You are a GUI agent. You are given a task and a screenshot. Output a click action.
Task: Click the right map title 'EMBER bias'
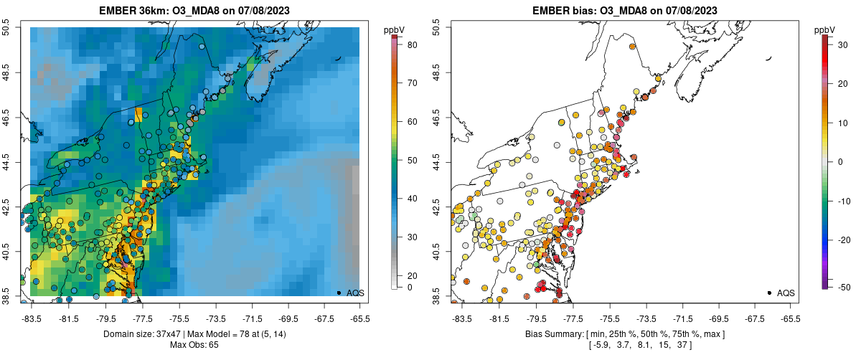[x=564, y=9]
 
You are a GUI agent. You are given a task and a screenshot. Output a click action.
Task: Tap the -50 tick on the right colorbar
[x=842, y=287]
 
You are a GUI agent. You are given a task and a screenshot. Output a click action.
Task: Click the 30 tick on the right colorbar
[x=840, y=45]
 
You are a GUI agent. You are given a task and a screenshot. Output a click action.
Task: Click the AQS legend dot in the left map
[x=338, y=293]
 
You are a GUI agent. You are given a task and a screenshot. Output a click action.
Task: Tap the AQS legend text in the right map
[x=786, y=293]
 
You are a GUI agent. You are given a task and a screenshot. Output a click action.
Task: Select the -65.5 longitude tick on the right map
[x=790, y=318]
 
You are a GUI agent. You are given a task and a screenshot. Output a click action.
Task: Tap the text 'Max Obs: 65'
[x=195, y=345]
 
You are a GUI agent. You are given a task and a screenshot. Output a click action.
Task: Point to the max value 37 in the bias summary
[x=662, y=346]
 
